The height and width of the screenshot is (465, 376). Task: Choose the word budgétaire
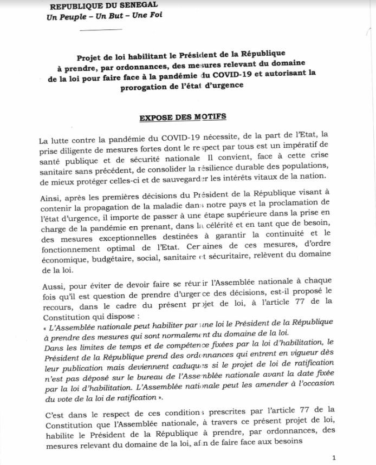122,259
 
